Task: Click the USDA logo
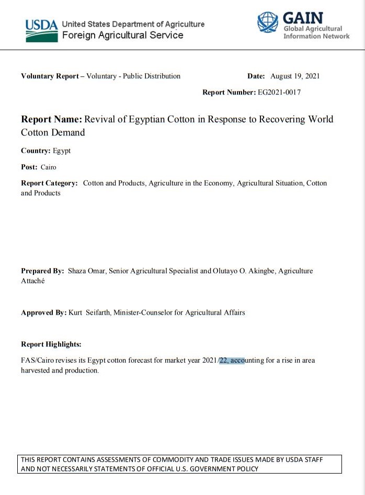(x=41, y=30)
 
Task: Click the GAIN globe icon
(x=267, y=22)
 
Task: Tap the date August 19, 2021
(x=295, y=76)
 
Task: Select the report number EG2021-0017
(x=279, y=93)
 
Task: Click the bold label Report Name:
(x=51, y=119)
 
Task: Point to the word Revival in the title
(x=100, y=119)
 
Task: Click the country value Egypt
(x=62, y=151)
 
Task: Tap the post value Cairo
(x=48, y=167)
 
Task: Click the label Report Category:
(x=49, y=183)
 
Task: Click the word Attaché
(x=32, y=281)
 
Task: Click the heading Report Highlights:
(x=51, y=344)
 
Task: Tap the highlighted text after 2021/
(x=232, y=361)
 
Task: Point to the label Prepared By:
(x=42, y=271)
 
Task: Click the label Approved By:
(x=43, y=313)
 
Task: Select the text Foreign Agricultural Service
(x=122, y=36)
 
